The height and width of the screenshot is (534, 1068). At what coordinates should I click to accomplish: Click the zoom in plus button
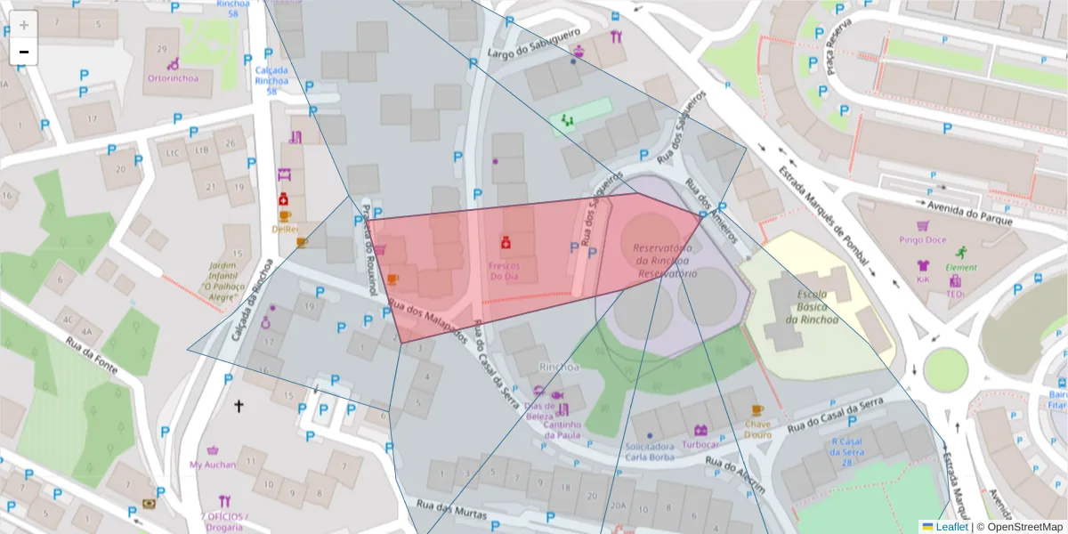24,25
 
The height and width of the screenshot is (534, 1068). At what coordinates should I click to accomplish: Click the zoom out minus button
24,52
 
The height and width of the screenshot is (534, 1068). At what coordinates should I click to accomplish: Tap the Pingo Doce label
922,239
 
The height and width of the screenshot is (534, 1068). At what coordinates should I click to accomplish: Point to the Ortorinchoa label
173,77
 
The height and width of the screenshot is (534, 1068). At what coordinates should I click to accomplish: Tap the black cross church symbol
238,406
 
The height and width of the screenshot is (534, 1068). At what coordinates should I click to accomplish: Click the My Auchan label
213,465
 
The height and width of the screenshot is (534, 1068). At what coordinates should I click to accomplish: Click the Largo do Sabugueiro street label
529,55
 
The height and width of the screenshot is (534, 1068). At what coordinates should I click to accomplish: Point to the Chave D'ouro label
757,430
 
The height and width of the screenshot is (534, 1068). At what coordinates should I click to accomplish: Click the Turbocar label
700,444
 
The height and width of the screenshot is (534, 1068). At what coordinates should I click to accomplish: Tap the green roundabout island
944,368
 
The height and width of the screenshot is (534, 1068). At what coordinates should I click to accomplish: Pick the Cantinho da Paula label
562,430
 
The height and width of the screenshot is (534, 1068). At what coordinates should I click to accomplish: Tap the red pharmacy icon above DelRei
283,199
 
